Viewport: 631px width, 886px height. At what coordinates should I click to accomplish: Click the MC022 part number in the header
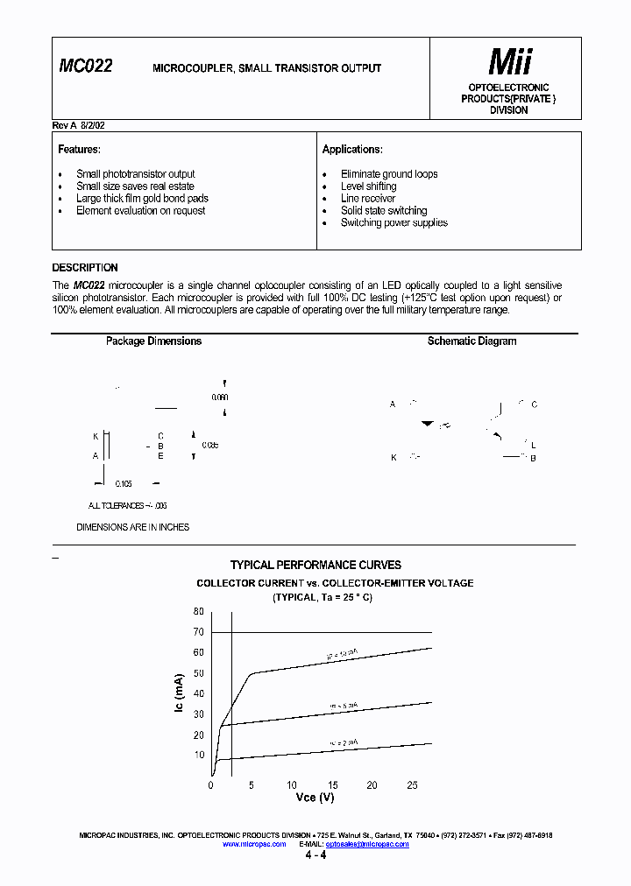tap(86, 66)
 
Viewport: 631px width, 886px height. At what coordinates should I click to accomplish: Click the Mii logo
tap(509, 61)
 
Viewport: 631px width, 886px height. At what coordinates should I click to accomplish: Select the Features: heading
tap(80, 150)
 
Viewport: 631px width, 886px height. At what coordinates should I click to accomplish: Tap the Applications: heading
tap(352, 150)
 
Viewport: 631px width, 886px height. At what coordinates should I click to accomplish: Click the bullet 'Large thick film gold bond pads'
tap(142, 199)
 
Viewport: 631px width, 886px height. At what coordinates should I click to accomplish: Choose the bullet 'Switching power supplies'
tap(393, 223)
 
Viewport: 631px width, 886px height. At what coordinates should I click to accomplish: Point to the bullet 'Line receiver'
tap(368, 199)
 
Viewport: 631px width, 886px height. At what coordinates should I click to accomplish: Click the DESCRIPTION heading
tap(85, 268)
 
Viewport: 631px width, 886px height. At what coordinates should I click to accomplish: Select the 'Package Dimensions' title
tap(153, 341)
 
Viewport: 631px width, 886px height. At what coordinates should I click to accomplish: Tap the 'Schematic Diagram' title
tap(471, 341)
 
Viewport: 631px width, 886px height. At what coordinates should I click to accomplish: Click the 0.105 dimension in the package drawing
tap(123, 483)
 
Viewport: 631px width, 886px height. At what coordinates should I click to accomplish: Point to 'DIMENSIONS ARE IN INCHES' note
tap(133, 527)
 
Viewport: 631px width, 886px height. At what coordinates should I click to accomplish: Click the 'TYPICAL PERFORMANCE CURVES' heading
tap(315, 566)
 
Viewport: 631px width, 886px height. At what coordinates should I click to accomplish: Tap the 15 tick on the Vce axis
tap(332, 785)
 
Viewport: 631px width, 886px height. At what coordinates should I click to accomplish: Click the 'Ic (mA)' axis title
tap(179, 693)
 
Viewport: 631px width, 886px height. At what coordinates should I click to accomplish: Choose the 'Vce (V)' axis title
tap(314, 798)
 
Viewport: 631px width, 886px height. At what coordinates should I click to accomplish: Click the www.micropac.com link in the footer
tap(254, 845)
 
